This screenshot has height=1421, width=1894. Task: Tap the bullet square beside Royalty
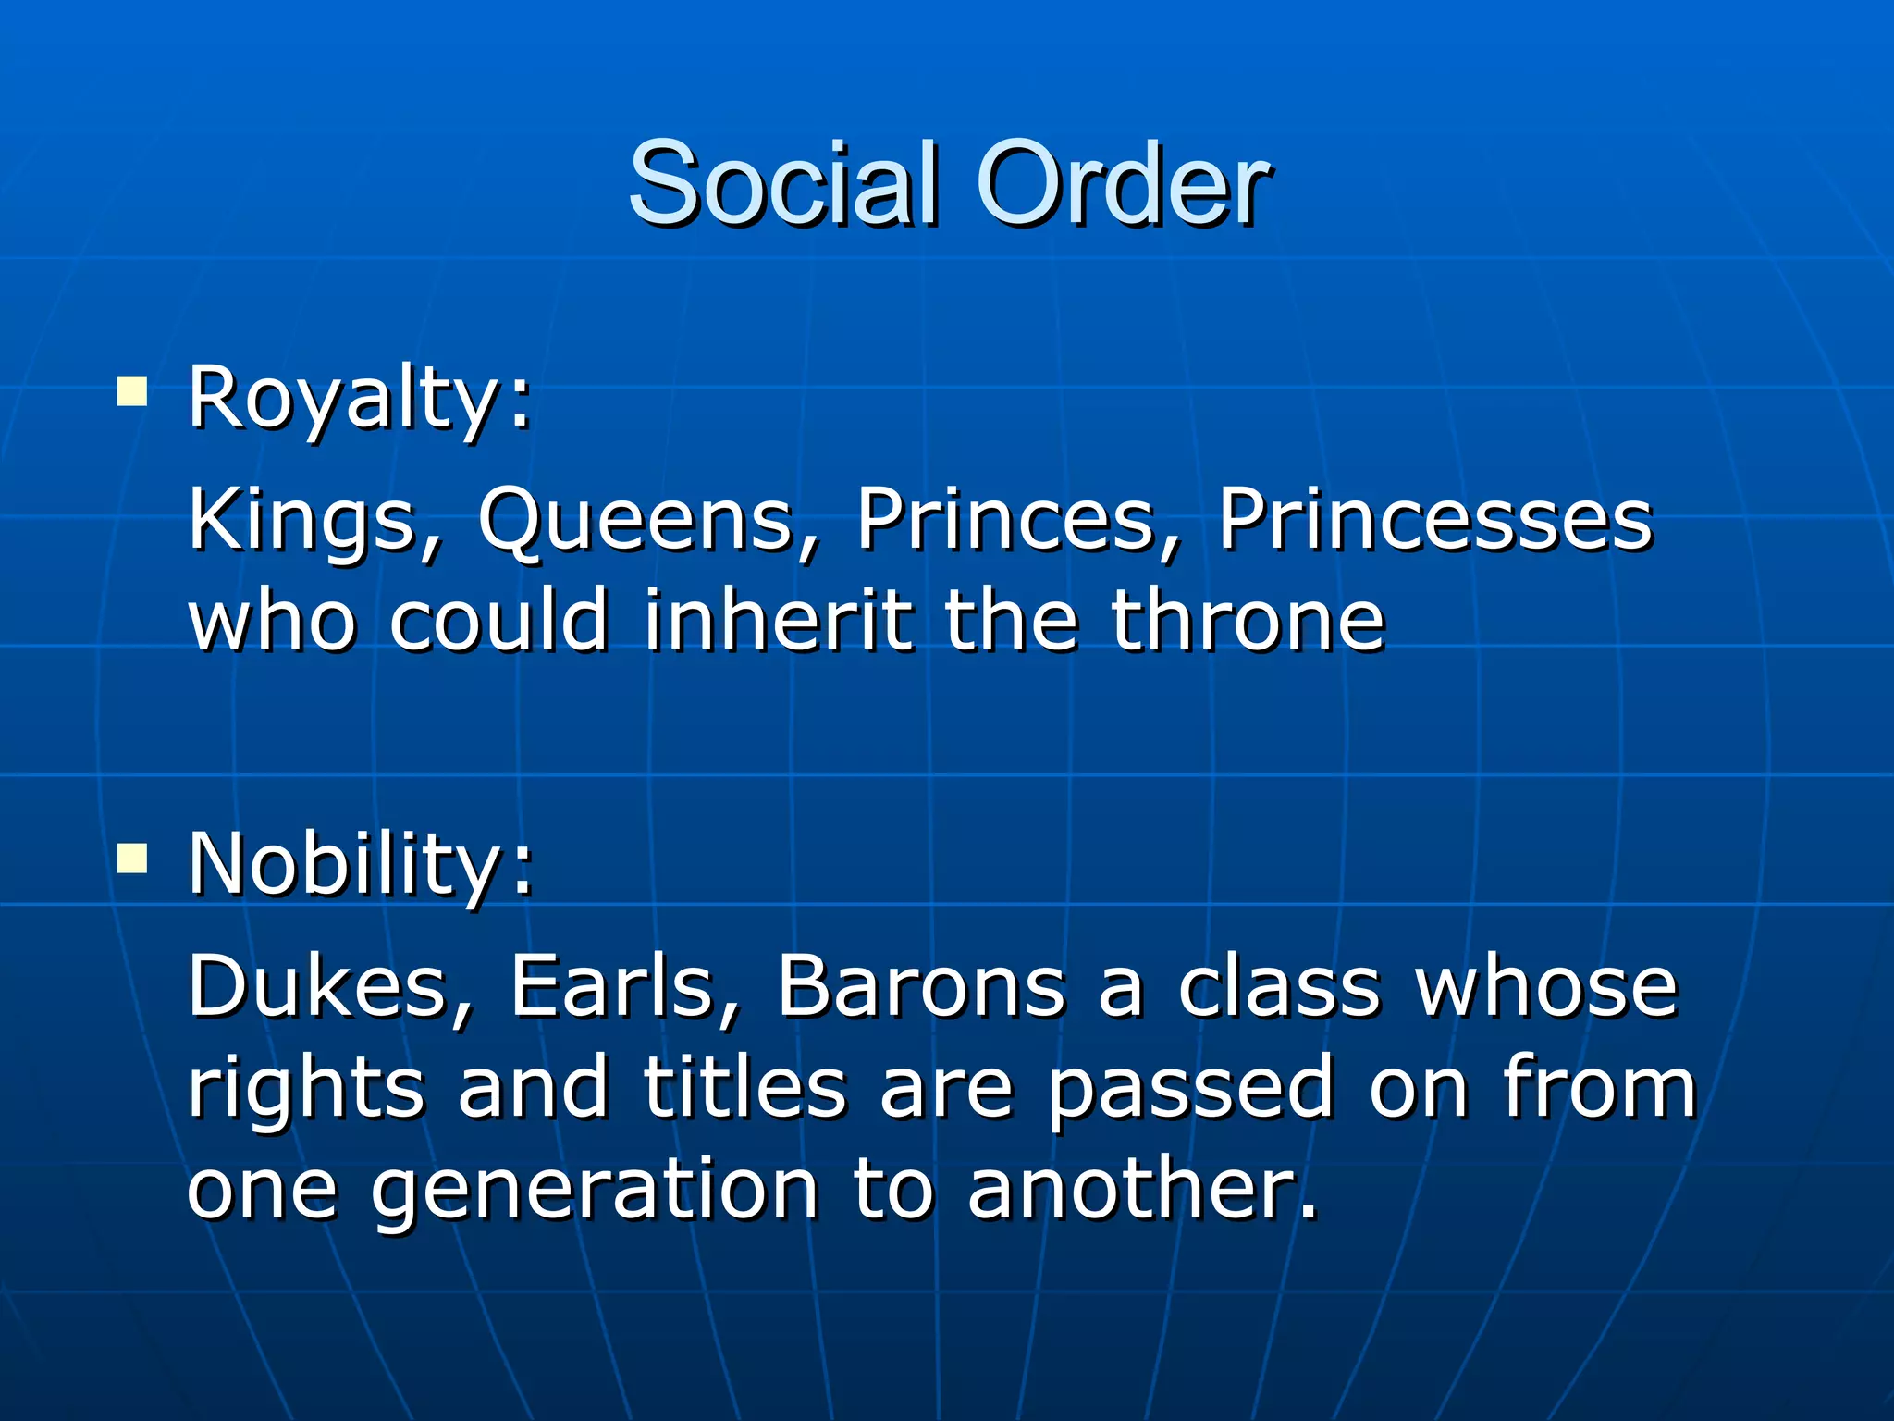[132, 392]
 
